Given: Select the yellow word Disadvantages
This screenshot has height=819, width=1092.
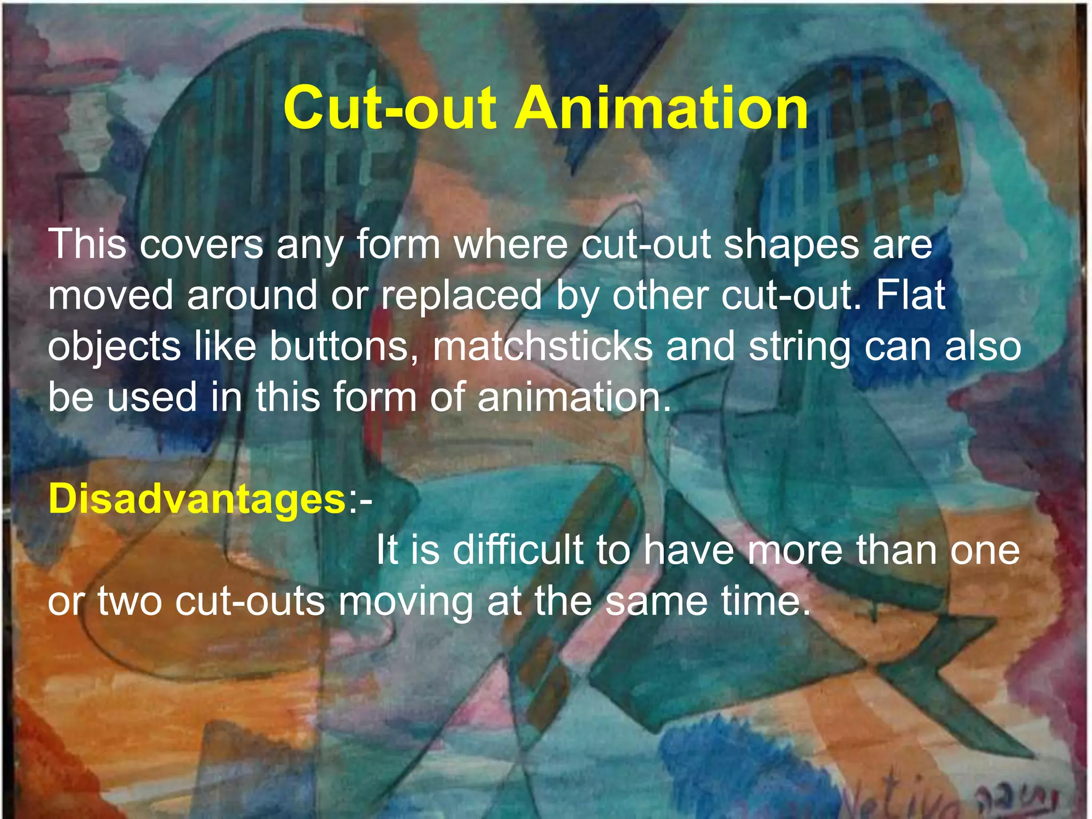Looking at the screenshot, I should point(197,500).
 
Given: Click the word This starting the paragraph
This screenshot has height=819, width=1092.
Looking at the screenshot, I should point(88,245).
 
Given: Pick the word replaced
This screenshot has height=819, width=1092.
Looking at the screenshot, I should point(461,296).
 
